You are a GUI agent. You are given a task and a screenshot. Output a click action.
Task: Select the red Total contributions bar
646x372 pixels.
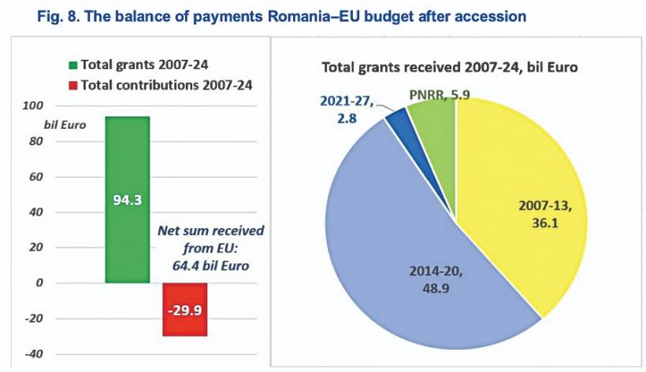click(x=185, y=322)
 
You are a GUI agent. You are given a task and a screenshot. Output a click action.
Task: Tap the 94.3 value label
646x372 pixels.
click(x=127, y=200)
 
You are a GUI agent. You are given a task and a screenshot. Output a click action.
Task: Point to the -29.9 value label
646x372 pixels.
click(x=185, y=309)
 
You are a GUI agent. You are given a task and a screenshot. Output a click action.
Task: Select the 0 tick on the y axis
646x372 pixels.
click(x=39, y=283)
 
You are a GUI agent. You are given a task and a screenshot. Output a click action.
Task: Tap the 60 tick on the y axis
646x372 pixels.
click(x=37, y=177)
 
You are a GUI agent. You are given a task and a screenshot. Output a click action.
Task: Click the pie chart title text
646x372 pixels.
click(x=450, y=68)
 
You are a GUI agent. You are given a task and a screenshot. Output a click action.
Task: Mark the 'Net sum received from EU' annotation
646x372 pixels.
click(x=211, y=249)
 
